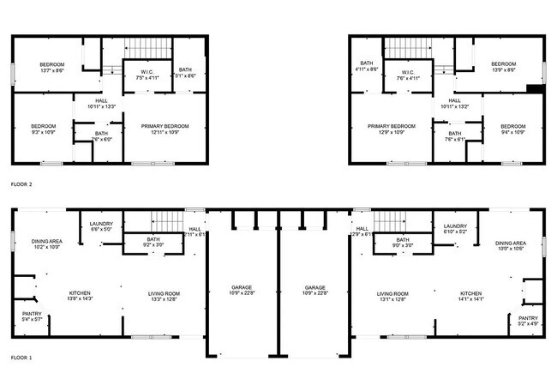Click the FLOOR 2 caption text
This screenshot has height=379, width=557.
tap(21, 183)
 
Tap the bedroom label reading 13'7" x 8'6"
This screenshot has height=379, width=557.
tap(51, 69)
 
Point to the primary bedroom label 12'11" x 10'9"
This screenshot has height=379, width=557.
tap(165, 129)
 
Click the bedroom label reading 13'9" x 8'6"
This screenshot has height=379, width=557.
tap(503, 68)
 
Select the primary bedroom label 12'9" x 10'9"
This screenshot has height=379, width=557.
tap(391, 129)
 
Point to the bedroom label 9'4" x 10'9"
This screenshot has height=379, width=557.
tap(512, 129)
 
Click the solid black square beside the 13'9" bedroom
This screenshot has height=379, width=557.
tap(534, 87)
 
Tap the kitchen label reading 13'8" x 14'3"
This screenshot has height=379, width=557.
tap(79, 297)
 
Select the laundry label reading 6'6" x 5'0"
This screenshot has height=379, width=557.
tap(101, 227)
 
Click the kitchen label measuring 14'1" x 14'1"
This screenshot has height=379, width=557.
tap(471, 297)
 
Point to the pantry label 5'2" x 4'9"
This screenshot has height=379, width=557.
tap(528, 321)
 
